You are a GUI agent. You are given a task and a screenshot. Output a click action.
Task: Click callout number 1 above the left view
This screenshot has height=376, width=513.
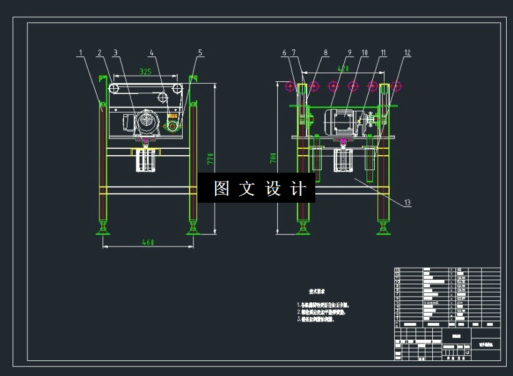(80, 53)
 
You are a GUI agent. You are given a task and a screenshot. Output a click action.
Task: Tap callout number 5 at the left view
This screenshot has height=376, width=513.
(200, 53)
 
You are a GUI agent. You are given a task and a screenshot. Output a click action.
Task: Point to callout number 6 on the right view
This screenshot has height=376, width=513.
(284, 53)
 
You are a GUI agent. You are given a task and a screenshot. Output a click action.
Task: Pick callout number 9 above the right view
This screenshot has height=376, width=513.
(350, 53)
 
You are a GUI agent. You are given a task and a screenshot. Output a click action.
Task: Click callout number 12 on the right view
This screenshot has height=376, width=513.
(407, 53)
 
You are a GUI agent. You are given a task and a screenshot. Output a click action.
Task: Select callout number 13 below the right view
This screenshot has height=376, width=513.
(407, 202)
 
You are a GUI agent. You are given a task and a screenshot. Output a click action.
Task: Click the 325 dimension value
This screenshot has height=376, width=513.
(145, 72)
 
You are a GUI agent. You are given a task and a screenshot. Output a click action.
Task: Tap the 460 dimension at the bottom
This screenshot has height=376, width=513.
(148, 241)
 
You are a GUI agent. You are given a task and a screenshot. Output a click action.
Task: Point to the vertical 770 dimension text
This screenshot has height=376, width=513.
(211, 159)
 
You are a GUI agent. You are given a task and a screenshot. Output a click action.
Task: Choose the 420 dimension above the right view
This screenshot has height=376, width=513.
(343, 68)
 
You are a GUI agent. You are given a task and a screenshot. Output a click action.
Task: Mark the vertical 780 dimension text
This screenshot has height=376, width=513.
(273, 158)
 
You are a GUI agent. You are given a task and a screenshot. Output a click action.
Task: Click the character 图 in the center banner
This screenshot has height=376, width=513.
(221, 189)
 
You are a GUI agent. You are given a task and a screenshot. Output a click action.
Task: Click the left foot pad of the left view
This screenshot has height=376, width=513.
(103, 231)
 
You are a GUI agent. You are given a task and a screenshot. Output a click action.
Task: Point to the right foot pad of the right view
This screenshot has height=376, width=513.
(383, 231)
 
